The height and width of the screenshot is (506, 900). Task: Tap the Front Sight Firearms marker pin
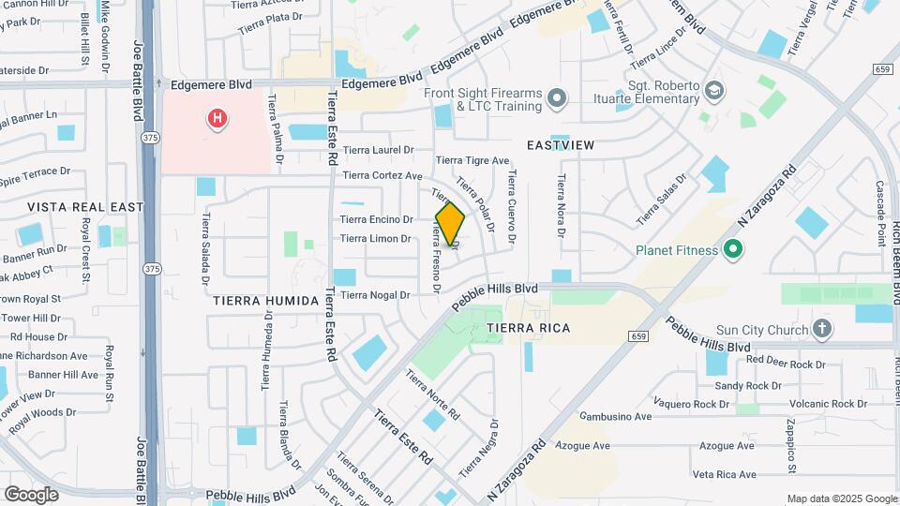(x=558, y=98)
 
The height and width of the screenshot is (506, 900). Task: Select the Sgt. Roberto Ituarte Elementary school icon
(x=715, y=91)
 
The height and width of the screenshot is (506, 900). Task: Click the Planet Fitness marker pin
(x=734, y=249)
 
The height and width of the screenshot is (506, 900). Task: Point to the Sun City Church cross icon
(x=822, y=329)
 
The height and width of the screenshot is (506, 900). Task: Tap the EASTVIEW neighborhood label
(x=561, y=145)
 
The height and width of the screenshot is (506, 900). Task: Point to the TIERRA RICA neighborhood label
(x=528, y=328)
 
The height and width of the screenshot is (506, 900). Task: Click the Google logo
(x=31, y=494)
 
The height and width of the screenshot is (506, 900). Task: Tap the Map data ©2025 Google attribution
(x=841, y=499)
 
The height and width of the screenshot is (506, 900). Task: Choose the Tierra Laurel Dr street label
(x=378, y=150)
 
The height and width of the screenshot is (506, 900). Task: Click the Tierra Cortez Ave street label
(x=382, y=175)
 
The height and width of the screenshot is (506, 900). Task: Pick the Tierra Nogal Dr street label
(x=375, y=295)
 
